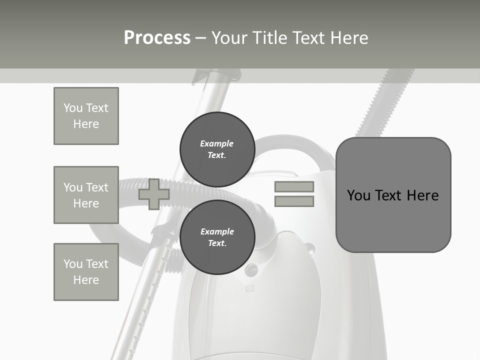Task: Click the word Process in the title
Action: coord(157,38)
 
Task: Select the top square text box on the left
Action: coord(86,116)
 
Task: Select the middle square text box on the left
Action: coord(86,195)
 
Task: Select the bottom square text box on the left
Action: coord(86,272)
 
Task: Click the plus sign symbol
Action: coord(153,194)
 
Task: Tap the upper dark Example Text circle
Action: coord(217,149)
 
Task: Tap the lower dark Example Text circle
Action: coord(217,237)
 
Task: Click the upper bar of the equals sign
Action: coord(294,186)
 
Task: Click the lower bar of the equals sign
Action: coord(294,201)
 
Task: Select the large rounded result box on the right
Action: coord(393,195)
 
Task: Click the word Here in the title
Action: coord(347,38)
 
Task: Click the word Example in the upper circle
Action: coord(217,143)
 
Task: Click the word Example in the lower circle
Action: coord(217,231)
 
